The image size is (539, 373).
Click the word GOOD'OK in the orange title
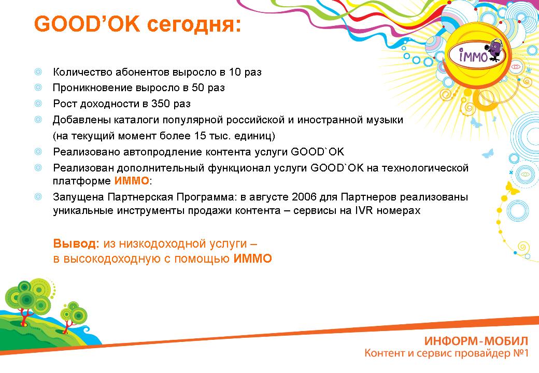click(87, 24)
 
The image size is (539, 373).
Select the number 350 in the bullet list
click(161, 104)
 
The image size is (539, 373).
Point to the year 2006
click(304, 197)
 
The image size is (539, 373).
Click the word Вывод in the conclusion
click(76, 243)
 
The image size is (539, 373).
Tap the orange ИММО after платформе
click(132, 181)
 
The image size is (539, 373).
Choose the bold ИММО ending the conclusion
click(253, 259)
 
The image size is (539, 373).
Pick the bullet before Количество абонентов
click(38, 72)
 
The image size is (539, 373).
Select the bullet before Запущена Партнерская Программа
click(38, 197)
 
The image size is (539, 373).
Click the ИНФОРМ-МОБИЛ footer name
click(476, 341)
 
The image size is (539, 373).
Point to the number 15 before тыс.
click(200, 136)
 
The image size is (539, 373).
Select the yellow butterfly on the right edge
click(513, 188)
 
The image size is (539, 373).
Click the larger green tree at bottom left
click(29, 299)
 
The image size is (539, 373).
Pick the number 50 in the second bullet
click(198, 88)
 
